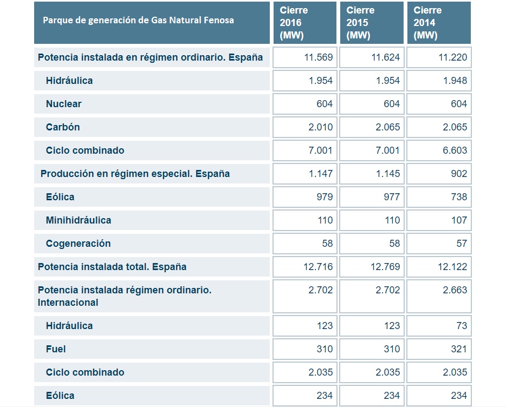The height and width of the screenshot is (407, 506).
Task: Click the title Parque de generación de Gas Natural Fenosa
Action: [x=139, y=21]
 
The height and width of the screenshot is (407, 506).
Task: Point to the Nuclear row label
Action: [x=63, y=104]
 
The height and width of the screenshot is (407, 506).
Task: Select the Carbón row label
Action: [x=63, y=127]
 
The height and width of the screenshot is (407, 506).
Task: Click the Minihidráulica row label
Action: [x=79, y=220]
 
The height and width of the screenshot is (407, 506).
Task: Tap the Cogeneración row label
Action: [x=78, y=244]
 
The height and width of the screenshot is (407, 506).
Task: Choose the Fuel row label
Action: [x=56, y=349]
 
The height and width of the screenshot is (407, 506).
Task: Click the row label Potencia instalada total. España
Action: [x=112, y=267]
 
